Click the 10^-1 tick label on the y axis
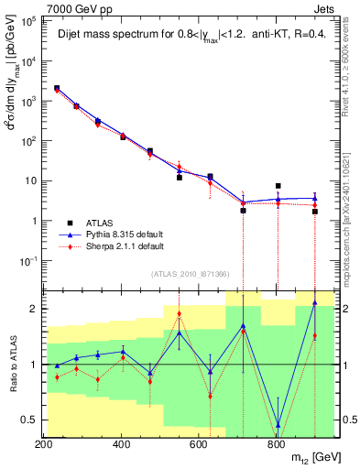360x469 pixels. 27,261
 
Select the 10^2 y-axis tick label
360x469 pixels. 27,142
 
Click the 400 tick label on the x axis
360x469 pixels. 121,444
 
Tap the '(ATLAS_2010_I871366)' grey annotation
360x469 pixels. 191,275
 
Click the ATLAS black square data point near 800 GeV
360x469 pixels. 278,186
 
